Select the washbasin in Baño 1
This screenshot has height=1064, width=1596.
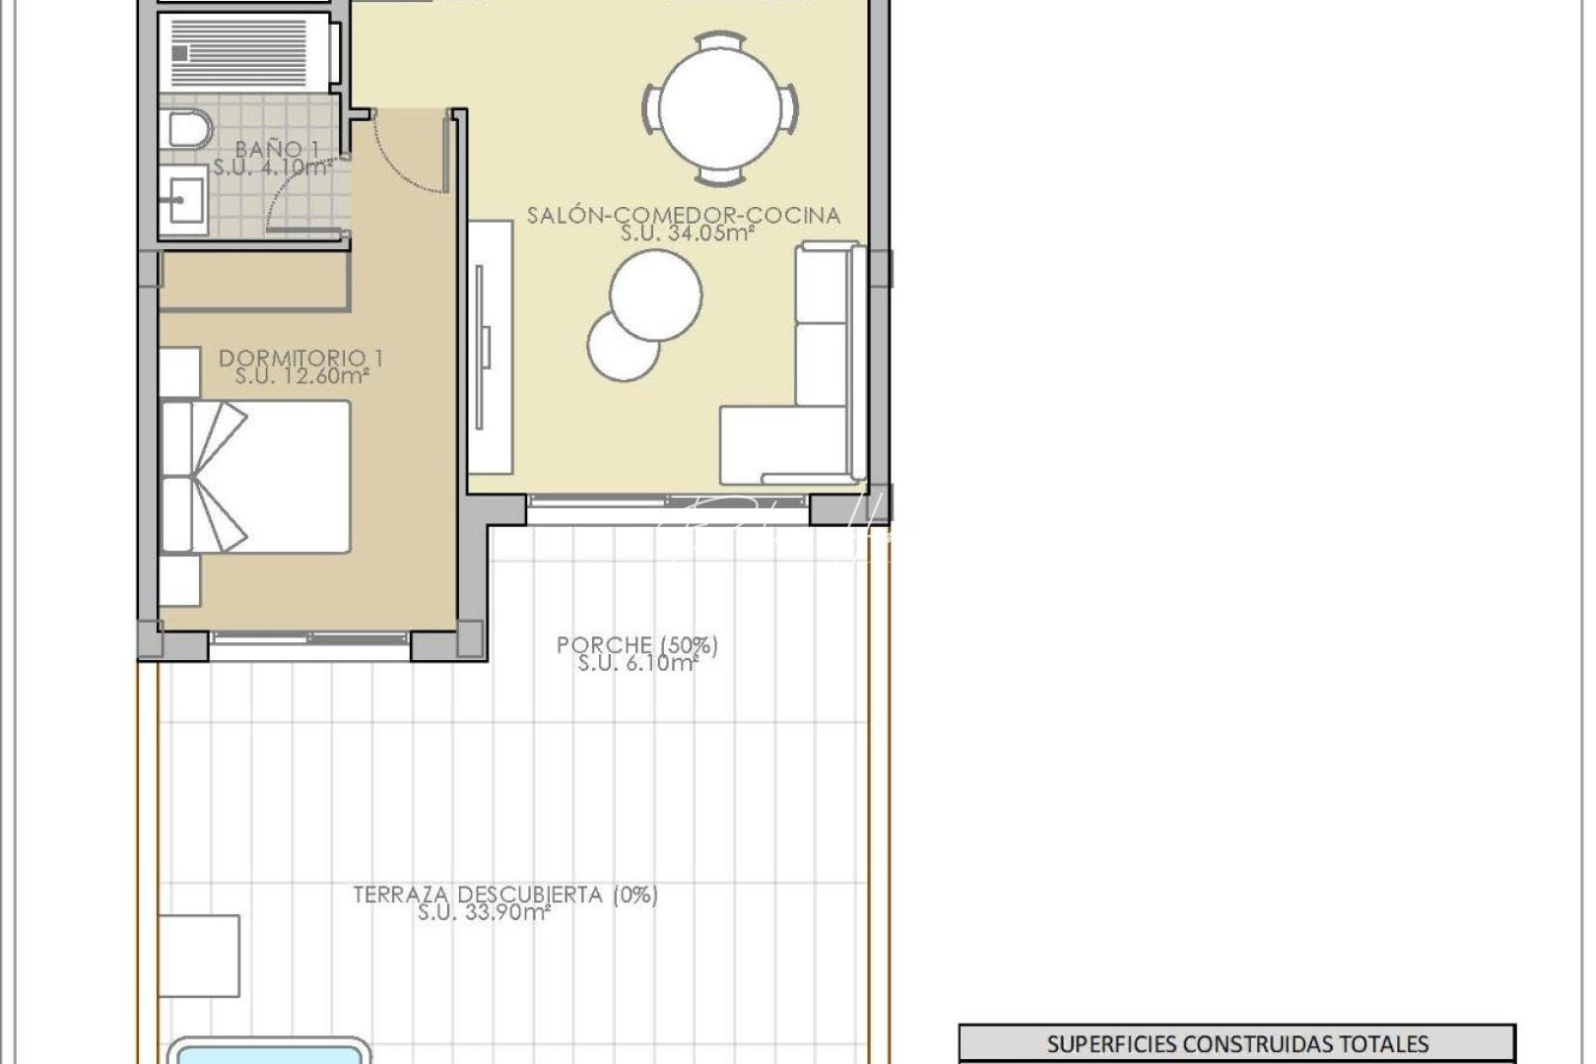(x=182, y=201)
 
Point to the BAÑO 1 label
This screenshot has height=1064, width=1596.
(x=276, y=149)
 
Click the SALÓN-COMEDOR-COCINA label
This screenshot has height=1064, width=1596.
(x=684, y=215)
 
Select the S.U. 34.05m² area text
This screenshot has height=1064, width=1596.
(x=688, y=234)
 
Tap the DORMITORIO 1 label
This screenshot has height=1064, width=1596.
(x=301, y=358)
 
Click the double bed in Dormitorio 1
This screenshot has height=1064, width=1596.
(x=256, y=476)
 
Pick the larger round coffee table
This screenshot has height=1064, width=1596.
(x=656, y=295)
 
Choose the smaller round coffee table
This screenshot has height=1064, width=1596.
(x=622, y=346)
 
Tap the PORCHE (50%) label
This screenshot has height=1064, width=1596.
(x=637, y=645)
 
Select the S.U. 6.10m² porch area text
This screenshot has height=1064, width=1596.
(x=637, y=664)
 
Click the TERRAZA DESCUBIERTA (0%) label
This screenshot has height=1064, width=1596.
(x=505, y=895)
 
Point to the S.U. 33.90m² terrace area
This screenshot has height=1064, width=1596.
(x=483, y=913)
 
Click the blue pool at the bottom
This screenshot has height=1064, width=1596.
(x=268, y=1051)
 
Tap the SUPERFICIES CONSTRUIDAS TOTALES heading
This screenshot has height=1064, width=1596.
(x=1236, y=1043)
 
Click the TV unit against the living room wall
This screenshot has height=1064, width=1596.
(x=490, y=345)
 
